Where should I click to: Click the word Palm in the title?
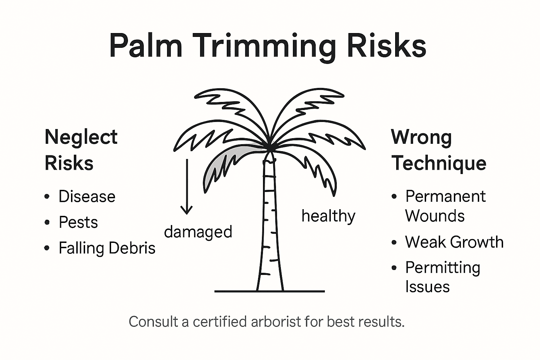tap(146, 46)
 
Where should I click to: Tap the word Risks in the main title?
tap(386, 46)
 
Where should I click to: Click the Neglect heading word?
tap(81, 137)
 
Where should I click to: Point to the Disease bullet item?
tap(87, 197)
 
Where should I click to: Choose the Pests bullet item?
tap(78, 222)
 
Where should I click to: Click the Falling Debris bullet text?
tap(107, 248)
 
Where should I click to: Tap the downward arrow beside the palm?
tap(186, 186)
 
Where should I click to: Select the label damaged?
tap(198, 232)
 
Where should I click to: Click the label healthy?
tap(328, 216)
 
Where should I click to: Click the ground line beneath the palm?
tap(269, 291)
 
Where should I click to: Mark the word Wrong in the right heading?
tap(421, 137)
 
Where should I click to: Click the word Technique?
tap(439, 163)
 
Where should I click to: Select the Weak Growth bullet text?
tap(454, 242)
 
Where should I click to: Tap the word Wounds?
tap(435, 216)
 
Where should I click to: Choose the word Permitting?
tap(443, 268)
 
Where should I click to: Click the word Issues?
tap(427, 287)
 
